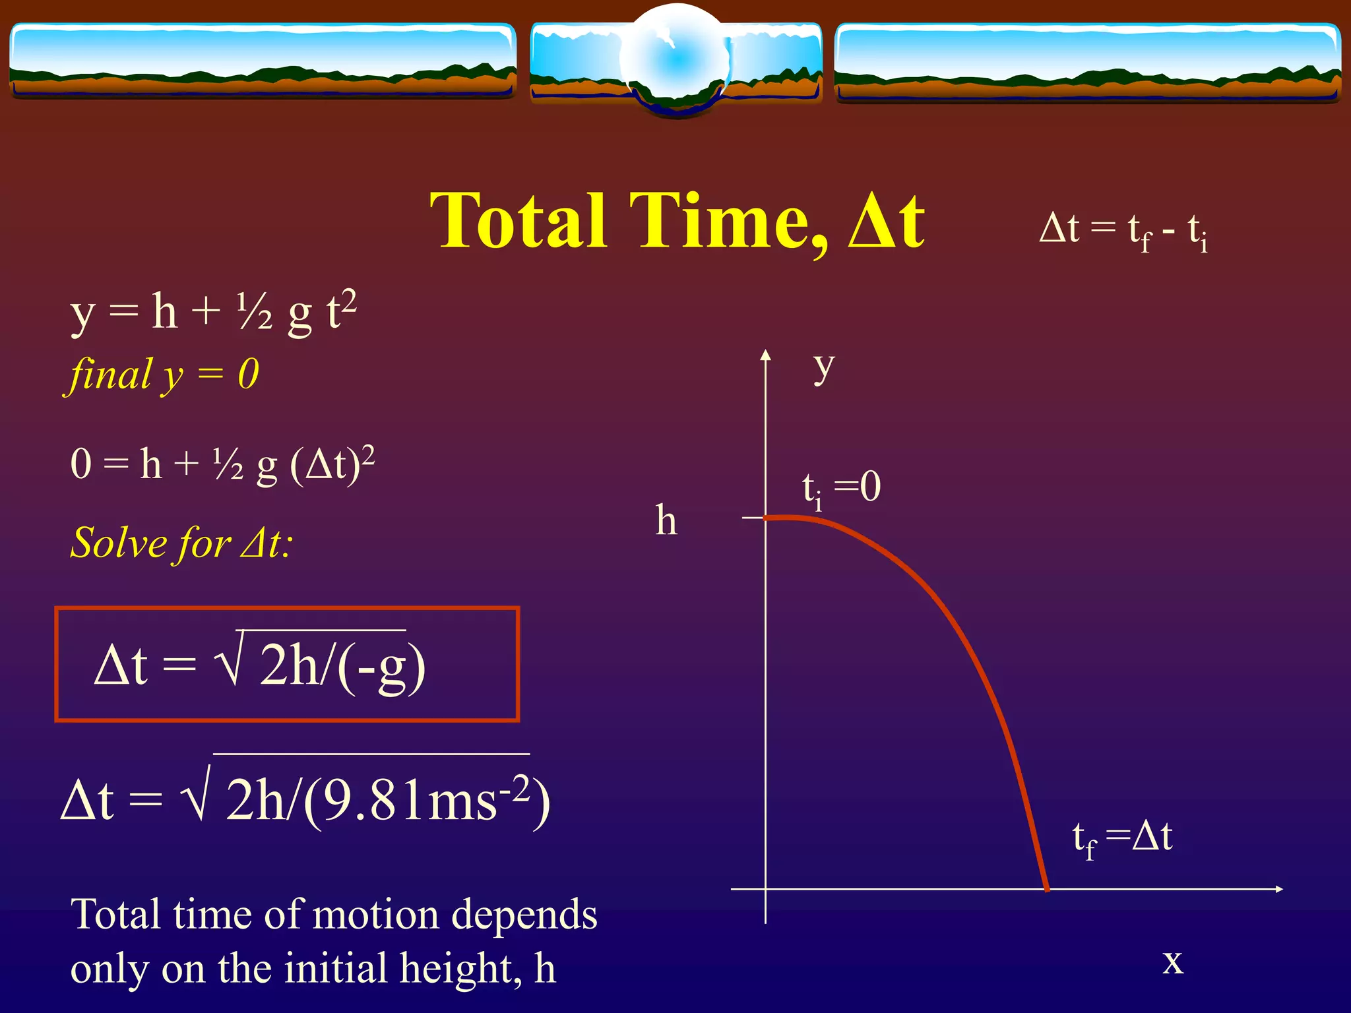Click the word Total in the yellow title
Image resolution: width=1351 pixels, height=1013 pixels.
pos(518,221)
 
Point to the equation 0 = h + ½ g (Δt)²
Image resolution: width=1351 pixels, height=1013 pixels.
pos(222,464)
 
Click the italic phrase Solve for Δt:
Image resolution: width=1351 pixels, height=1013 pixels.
pos(181,543)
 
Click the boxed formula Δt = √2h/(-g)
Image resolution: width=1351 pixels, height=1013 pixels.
pos(260,665)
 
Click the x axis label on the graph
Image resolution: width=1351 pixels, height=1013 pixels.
pos(1172,961)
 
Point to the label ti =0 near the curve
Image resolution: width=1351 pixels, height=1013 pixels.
pos(841,489)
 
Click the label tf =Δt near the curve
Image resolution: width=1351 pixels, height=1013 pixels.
pos(1122,838)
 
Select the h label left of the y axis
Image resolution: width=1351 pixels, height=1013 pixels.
pos(666,521)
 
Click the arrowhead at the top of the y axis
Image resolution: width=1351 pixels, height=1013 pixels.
pos(765,355)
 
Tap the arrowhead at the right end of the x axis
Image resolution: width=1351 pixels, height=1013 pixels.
pos(1278,889)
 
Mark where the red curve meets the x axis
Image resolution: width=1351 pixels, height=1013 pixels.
pos(1047,888)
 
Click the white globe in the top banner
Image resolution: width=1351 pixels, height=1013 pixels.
pos(675,59)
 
